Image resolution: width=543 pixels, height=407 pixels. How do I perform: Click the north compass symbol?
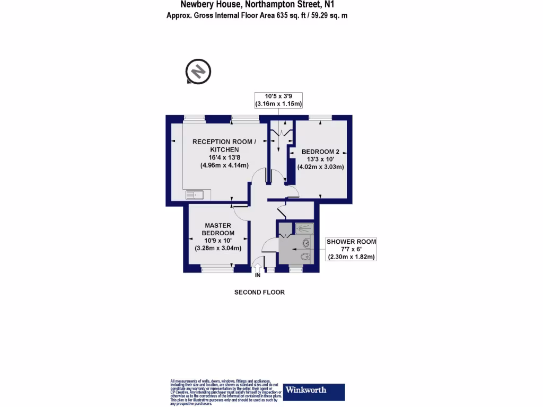click(198, 71)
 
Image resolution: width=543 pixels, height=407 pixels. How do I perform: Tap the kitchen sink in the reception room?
click(196, 195)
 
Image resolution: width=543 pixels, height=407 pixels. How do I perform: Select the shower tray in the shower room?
click(304, 228)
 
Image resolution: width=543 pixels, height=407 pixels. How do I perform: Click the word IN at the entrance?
click(258, 276)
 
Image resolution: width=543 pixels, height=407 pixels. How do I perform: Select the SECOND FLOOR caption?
click(259, 292)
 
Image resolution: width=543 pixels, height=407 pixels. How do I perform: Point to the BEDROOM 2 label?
click(320, 152)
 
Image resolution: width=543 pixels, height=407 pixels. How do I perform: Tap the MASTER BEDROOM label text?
click(218, 229)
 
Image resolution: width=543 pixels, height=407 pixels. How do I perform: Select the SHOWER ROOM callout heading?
click(352, 242)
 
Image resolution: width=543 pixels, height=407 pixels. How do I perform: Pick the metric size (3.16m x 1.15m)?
click(278, 103)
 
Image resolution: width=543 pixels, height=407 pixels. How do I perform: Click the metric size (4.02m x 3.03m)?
click(321, 167)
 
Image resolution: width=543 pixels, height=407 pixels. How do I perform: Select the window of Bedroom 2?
click(320, 118)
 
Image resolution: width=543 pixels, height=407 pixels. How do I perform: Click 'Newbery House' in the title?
click(211, 4)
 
